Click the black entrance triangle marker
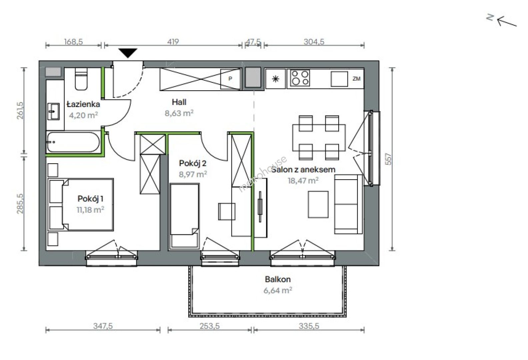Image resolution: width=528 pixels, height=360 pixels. tap(128, 53)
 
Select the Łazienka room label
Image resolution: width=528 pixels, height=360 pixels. tap(83, 104)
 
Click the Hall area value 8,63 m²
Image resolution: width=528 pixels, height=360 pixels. tap(179, 113)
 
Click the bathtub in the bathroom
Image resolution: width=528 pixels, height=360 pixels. tap(73, 142)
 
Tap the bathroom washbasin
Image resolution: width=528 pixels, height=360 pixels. tap(54, 112)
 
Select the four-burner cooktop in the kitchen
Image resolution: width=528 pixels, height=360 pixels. tap(300, 78)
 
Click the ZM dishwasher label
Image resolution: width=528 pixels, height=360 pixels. tap(356, 79)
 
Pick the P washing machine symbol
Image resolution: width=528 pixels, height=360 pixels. tap(230, 79)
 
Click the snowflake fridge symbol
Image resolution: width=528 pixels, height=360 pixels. tap(275, 79)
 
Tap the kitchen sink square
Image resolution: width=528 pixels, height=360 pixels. tap(339, 79)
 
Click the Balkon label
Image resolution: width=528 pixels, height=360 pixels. tap(278, 279)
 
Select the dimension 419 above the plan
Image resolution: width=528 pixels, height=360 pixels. tap(173, 42)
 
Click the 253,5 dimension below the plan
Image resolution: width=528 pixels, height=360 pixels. tap(210, 326)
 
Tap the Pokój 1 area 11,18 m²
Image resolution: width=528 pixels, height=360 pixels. tap(91, 210)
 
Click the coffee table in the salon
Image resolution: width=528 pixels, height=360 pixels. tap(318, 204)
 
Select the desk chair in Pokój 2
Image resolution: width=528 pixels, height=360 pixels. tap(227, 211)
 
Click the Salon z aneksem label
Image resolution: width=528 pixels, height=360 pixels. tap(303, 170)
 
